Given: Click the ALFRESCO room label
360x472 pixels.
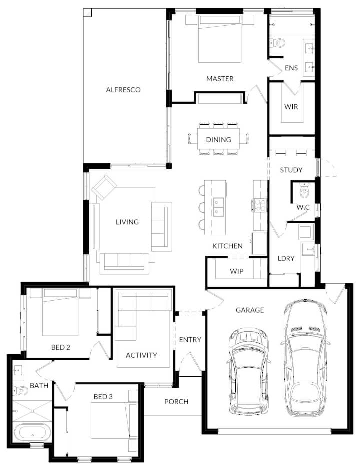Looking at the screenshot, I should pyautogui.click(x=123, y=90).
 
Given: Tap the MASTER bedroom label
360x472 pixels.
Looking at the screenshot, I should pyautogui.click(x=220, y=79).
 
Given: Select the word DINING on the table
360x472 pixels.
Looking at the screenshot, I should pyautogui.click(x=218, y=140).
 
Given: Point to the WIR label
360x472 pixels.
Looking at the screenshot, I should pyautogui.click(x=291, y=107).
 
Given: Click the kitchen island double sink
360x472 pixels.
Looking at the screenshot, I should pyautogui.click(x=219, y=205).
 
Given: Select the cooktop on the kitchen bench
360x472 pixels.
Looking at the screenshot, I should pyautogui.click(x=260, y=205).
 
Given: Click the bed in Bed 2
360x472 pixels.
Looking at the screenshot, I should pyautogui.click(x=60, y=312).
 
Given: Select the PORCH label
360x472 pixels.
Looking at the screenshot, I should pyautogui.click(x=176, y=401).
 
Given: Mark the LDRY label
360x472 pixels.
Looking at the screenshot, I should pyautogui.click(x=286, y=258).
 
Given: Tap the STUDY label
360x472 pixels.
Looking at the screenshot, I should pyautogui.click(x=291, y=170).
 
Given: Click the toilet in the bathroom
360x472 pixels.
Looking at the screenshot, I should pyautogui.click(x=20, y=390).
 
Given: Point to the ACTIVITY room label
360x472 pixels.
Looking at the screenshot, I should pyautogui.click(x=141, y=355).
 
